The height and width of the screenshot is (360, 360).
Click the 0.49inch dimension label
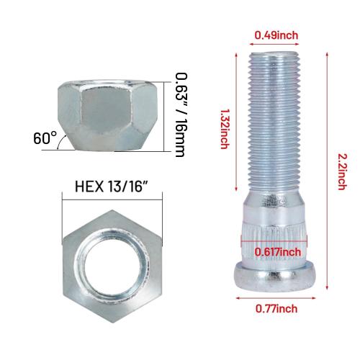tap(276, 35)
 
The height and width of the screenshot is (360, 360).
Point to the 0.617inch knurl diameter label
tap(276, 251)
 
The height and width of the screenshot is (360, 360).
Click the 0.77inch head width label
tap(276, 308)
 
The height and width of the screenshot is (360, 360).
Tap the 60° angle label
tap(42, 138)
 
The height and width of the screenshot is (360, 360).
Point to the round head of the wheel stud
tap(276, 276)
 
